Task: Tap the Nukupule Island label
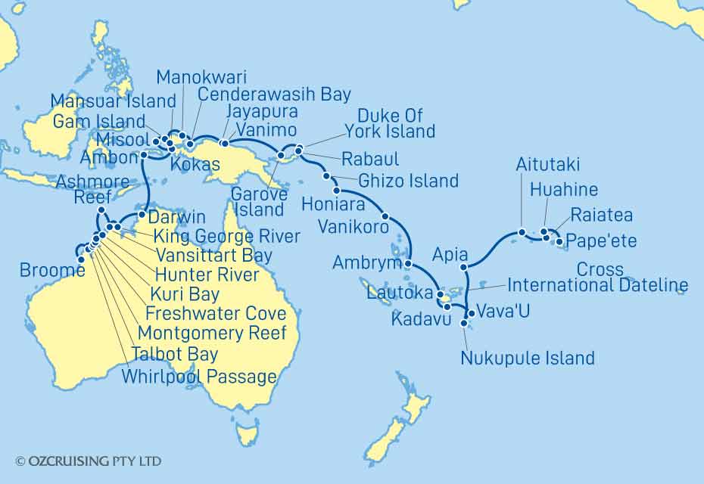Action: click(528, 358)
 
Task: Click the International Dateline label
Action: click(598, 286)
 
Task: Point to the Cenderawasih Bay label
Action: click(274, 95)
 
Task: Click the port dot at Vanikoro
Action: click(385, 216)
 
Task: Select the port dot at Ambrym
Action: click(407, 264)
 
